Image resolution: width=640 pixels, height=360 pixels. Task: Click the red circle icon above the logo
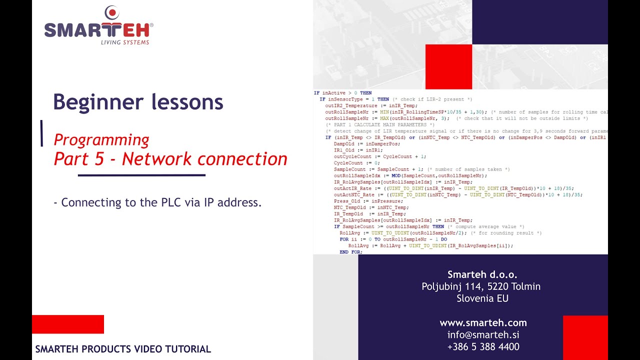click(x=112, y=12)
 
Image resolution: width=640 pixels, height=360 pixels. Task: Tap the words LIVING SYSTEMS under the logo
click(x=125, y=42)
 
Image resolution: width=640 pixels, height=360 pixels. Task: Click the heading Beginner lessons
click(x=138, y=102)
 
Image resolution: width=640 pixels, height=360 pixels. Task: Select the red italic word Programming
click(x=101, y=139)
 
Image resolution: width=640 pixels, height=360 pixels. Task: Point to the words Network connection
click(x=204, y=159)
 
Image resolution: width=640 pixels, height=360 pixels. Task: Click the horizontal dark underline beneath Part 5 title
click(x=141, y=175)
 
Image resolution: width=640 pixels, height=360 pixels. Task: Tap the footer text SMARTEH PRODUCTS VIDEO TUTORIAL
click(x=123, y=349)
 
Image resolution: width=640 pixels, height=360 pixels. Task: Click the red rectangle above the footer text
click(x=67, y=324)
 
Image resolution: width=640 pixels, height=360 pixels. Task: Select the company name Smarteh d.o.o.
click(x=482, y=274)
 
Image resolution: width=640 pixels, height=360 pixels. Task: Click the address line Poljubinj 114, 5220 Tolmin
click(x=481, y=286)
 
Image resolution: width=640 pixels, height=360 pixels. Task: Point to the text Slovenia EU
click(x=482, y=298)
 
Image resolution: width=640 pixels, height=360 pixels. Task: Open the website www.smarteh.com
click(x=483, y=322)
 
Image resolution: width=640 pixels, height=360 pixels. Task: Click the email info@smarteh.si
click(x=483, y=334)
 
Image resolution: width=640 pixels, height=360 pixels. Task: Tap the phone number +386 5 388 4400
click(x=483, y=346)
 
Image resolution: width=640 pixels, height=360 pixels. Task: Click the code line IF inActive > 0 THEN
click(x=342, y=93)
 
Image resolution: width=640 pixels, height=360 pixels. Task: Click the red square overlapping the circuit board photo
click(x=448, y=66)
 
